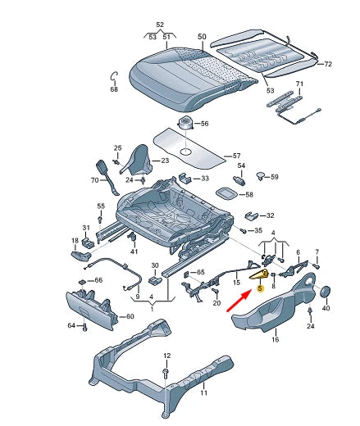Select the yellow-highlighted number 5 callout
[260, 288]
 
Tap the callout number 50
[203, 37]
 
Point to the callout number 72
[327, 64]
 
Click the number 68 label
[114, 89]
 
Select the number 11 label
[205, 392]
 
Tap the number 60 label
[129, 316]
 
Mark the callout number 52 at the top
[160, 25]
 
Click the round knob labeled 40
[325, 292]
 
